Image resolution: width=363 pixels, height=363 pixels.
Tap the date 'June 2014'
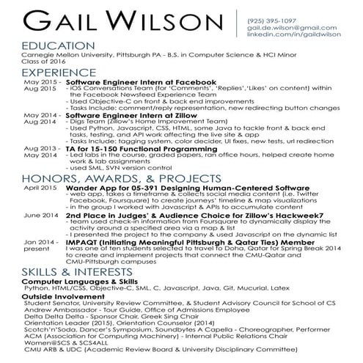point(40,215)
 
